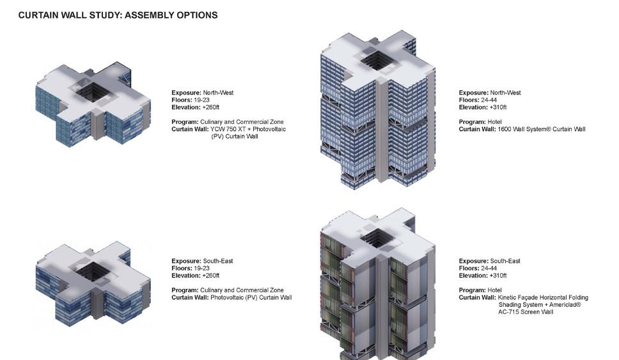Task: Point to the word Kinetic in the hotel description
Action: coord(510,297)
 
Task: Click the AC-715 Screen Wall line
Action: coord(526,312)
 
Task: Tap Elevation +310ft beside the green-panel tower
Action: coord(482,276)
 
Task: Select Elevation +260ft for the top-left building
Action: coord(195,107)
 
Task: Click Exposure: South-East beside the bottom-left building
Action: coord(202,261)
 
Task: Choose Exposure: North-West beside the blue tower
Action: coord(490,93)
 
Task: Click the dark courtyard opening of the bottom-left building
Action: coord(90,270)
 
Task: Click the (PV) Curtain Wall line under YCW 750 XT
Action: coord(235,136)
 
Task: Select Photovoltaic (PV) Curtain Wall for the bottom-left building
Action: coord(251,297)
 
